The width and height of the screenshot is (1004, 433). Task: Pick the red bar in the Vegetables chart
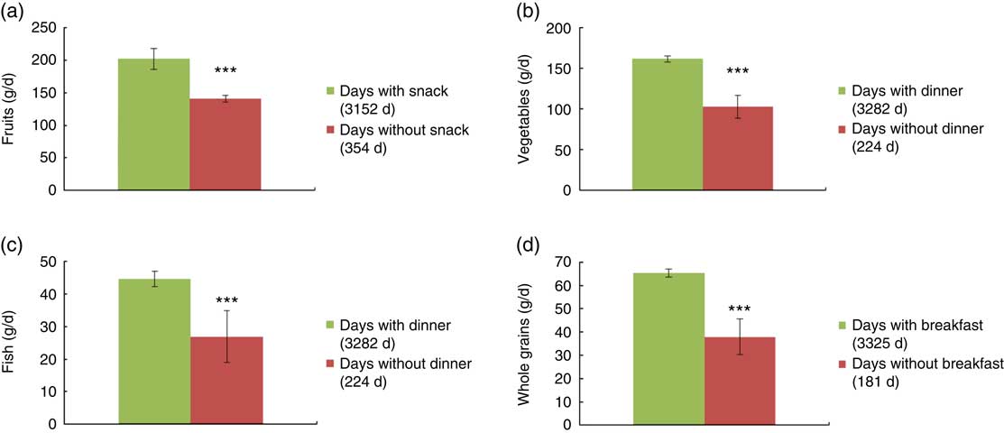[x=738, y=149]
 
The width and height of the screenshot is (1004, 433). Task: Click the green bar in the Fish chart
[x=154, y=351]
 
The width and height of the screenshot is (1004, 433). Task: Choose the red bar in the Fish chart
[x=226, y=380]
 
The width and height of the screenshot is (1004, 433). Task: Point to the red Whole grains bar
[x=740, y=380]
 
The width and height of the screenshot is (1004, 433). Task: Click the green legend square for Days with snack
[x=331, y=92]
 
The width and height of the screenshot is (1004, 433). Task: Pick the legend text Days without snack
[x=392, y=131]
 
